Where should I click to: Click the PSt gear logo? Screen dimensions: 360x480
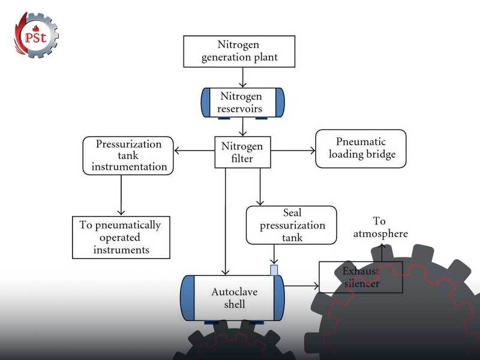[37, 35]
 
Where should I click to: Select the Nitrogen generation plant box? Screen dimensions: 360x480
[239, 51]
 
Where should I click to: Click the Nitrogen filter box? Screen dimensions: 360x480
[242, 152]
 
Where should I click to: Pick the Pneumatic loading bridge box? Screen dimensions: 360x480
[361, 149]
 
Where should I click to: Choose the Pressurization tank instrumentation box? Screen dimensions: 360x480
[128, 155]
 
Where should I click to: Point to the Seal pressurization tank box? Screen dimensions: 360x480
[291, 225]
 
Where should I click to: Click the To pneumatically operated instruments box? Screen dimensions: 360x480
[121, 237]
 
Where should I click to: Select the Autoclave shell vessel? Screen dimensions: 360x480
[232, 298]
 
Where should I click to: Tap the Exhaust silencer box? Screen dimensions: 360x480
[361, 278]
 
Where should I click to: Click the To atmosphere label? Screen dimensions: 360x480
[380, 227]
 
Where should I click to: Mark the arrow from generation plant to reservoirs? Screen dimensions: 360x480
[242, 77]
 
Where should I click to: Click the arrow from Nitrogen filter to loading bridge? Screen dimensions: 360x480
[293, 151]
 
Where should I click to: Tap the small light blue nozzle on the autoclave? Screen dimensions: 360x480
[274, 270]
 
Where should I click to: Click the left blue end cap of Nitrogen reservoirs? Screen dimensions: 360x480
[204, 103]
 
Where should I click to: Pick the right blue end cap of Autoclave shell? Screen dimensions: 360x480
[278, 298]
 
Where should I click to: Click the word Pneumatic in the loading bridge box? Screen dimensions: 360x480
[361, 142]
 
